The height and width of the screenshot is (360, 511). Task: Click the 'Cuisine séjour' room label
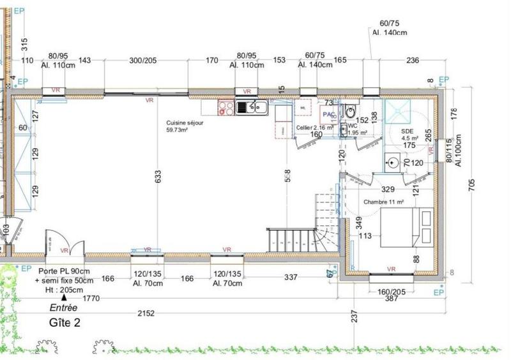point(185,123)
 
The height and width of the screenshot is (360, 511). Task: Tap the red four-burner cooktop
point(225,107)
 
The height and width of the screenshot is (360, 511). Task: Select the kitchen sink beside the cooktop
point(246,107)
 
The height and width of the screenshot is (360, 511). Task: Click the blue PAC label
point(329,114)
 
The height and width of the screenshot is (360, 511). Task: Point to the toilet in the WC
point(349,113)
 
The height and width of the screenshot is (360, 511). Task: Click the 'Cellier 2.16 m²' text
point(315,127)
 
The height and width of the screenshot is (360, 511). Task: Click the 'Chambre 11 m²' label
point(384,202)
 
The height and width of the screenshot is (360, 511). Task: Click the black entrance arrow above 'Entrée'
point(63,297)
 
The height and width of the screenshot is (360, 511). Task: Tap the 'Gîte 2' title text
point(65,323)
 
